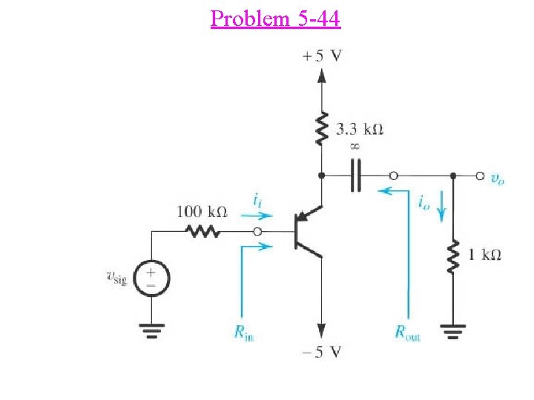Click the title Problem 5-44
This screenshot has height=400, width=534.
click(x=275, y=18)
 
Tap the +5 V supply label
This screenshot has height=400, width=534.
click(x=322, y=56)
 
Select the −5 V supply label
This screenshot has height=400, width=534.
click(x=323, y=352)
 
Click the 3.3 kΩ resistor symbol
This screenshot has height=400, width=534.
click(x=322, y=127)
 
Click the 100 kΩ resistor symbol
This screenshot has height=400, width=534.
click(x=201, y=232)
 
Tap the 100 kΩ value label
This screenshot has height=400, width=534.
click(x=201, y=211)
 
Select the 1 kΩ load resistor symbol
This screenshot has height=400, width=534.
click(x=452, y=256)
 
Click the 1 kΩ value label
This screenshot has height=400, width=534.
click(x=484, y=255)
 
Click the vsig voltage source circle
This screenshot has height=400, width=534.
click(x=152, y=279)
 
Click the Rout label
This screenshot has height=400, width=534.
click(x=407, y=334)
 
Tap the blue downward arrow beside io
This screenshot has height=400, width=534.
click(x=442, y=211)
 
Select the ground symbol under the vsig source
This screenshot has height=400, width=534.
click(x=152, y=331)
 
